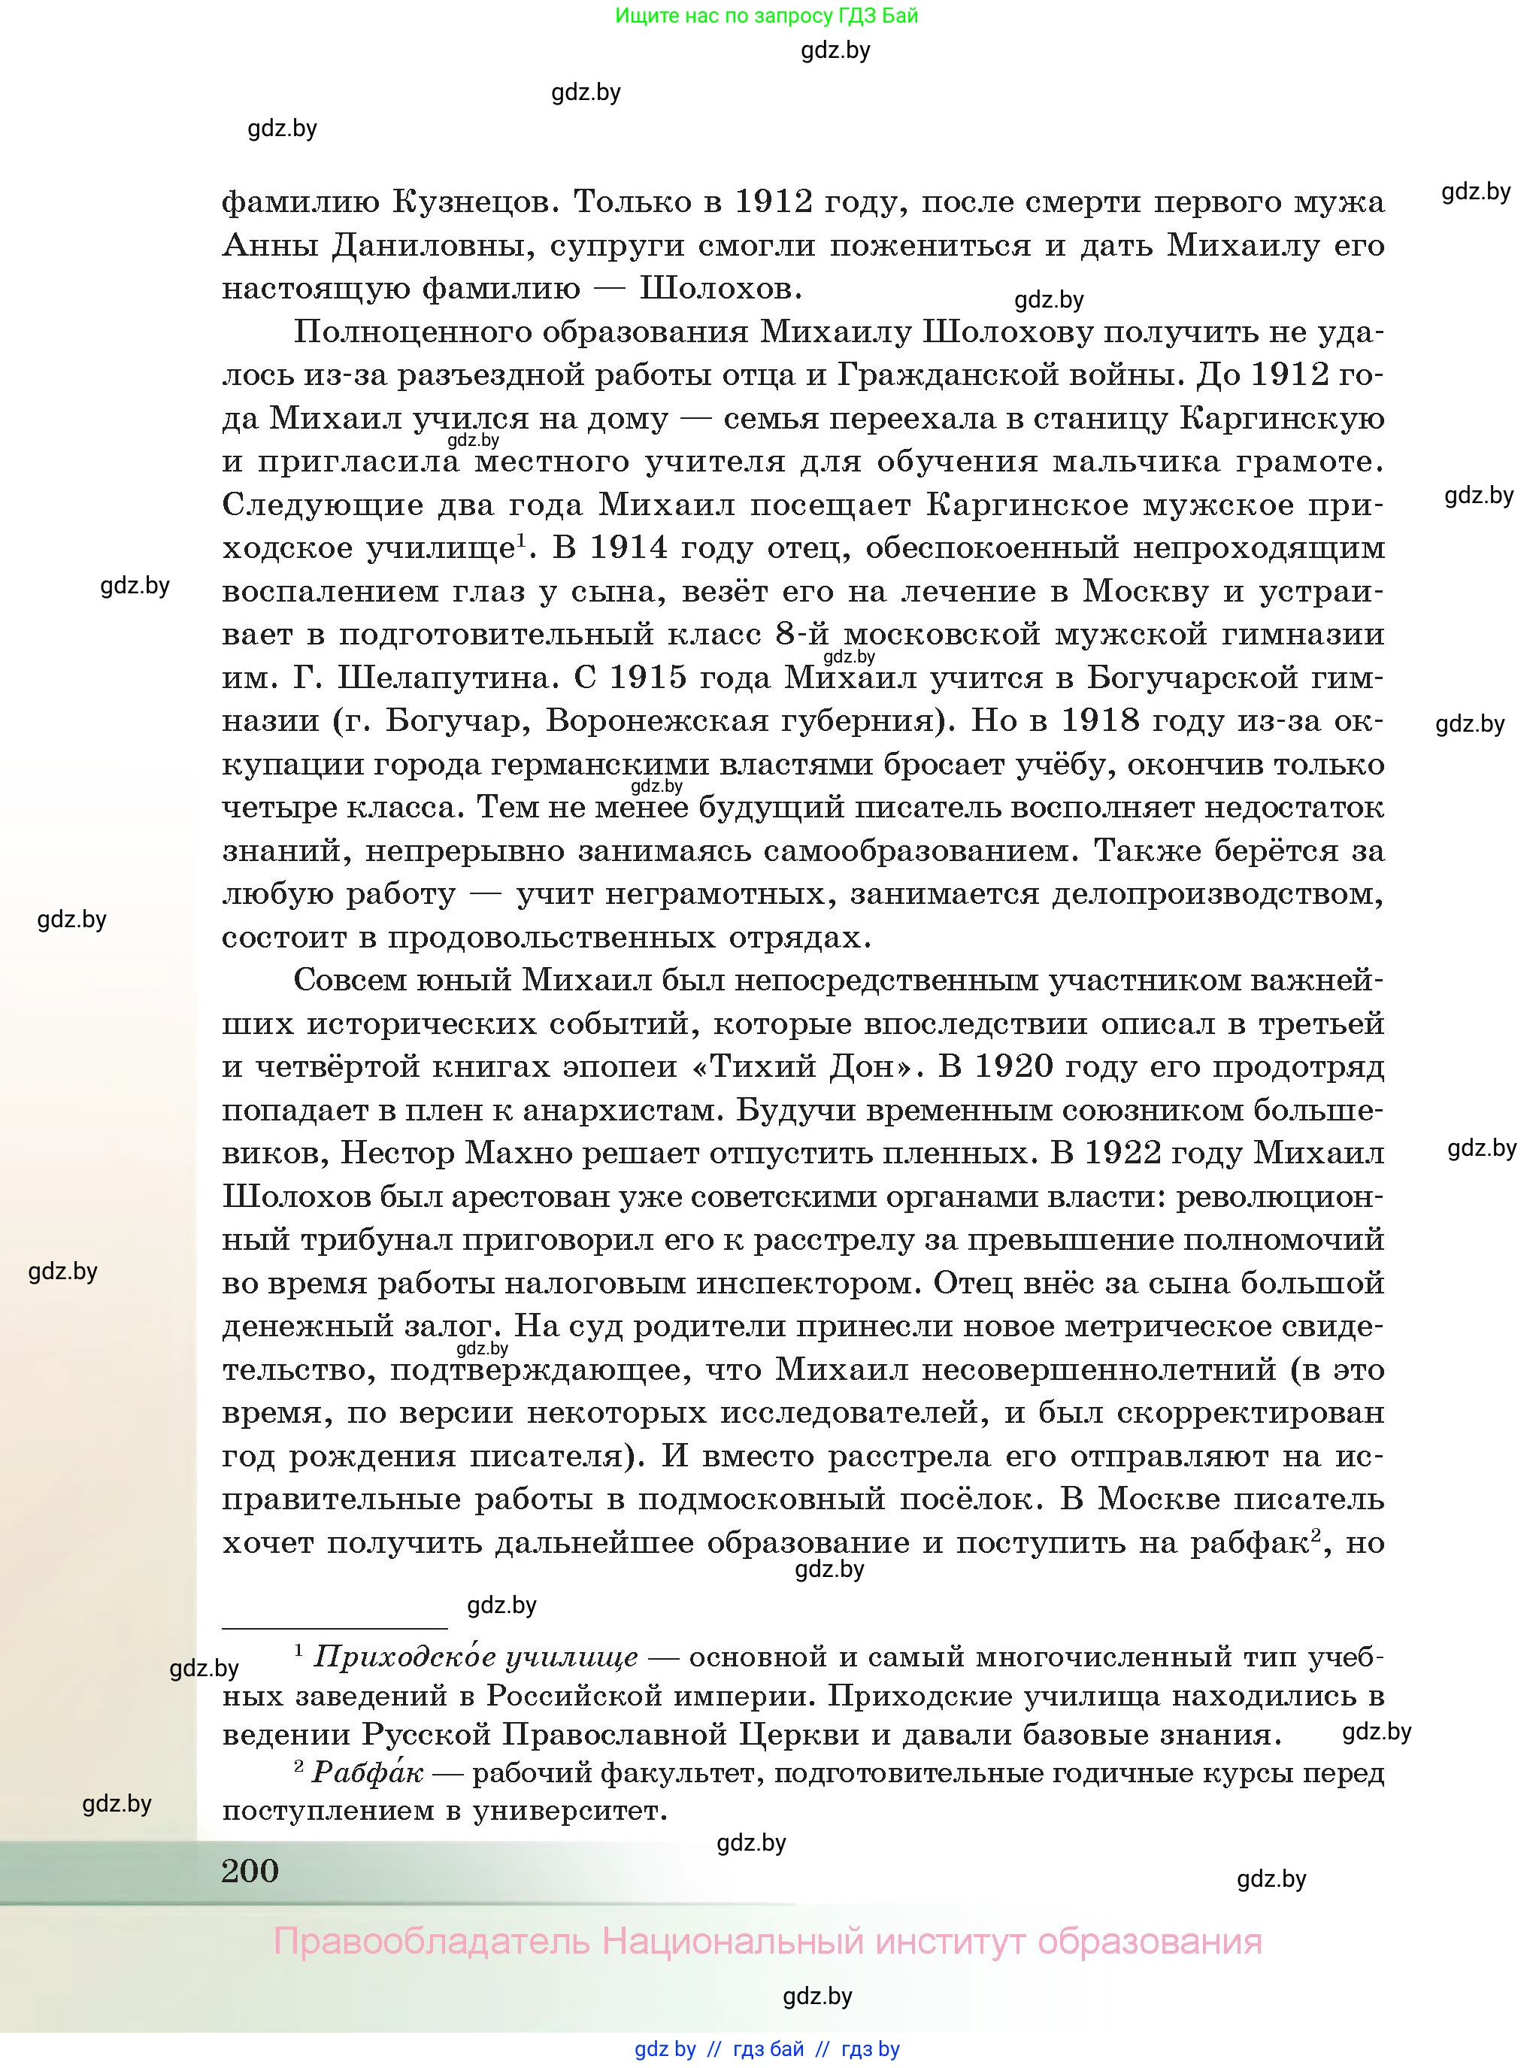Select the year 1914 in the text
click(629, 547)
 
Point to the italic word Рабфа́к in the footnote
click(367, 1772)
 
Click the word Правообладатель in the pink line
click(432, 1942)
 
